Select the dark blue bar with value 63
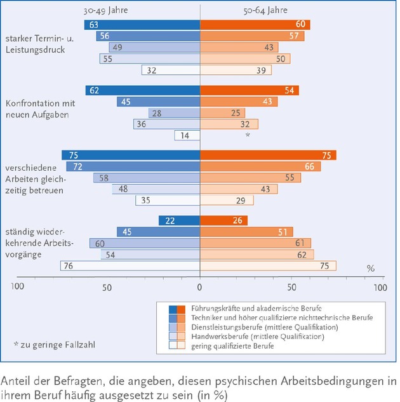click(x=142, y=25)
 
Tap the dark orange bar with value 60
click(x=255, y=25)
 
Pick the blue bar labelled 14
click(x=187, y=135)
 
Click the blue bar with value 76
click(x=130, y=266)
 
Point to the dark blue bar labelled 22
click(x=180, y=220)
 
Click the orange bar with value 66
click(x=260, y=166)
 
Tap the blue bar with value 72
click(x=133, y=166)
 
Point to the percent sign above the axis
click(x=371, y=268)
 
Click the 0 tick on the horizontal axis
click(x=200, y=287)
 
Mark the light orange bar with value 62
click(x=257, y=255)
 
